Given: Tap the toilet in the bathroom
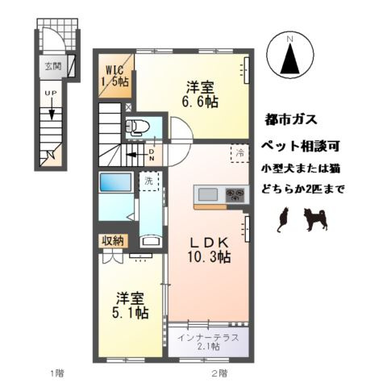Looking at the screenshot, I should coord(138,126).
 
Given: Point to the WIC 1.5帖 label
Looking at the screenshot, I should coord(113,74).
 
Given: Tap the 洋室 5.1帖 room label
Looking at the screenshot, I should coord(129,304).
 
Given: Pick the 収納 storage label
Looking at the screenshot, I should coord(113,239).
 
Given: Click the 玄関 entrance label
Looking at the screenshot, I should coord(52,66).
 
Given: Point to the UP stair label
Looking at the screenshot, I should coord(49,94).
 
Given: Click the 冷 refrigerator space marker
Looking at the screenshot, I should coord(239,151).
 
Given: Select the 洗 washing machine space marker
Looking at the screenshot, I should coord(148,182).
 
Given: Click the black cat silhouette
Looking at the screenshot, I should coord(282,220).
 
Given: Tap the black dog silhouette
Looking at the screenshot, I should coord(315,218).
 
